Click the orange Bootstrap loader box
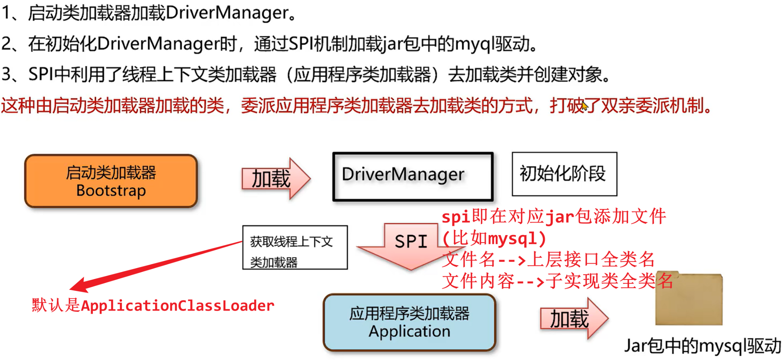click(111, 181)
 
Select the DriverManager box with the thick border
click(413, 176)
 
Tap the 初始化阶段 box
click(564, 174)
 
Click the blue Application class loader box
click(409, 322)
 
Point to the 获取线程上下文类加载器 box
click(295, 248)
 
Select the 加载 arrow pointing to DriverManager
click(275, 178)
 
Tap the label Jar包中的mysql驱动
click(702, 346)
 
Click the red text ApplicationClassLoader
click(178, 306)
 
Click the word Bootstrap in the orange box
click(111, 191)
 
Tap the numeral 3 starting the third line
click(6, 75)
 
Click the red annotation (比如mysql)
click(494, 239)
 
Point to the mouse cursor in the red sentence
click(584, 106)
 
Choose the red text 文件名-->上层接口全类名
click(548, 260)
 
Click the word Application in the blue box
click(409, 331)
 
